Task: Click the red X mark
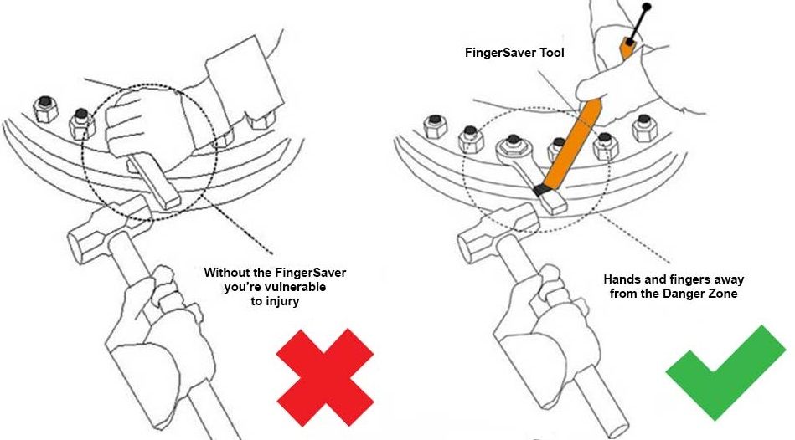325,377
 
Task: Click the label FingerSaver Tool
514,53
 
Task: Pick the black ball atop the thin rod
646,7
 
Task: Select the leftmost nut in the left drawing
45,109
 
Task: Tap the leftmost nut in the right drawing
435,126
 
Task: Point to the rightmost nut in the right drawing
644,127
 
